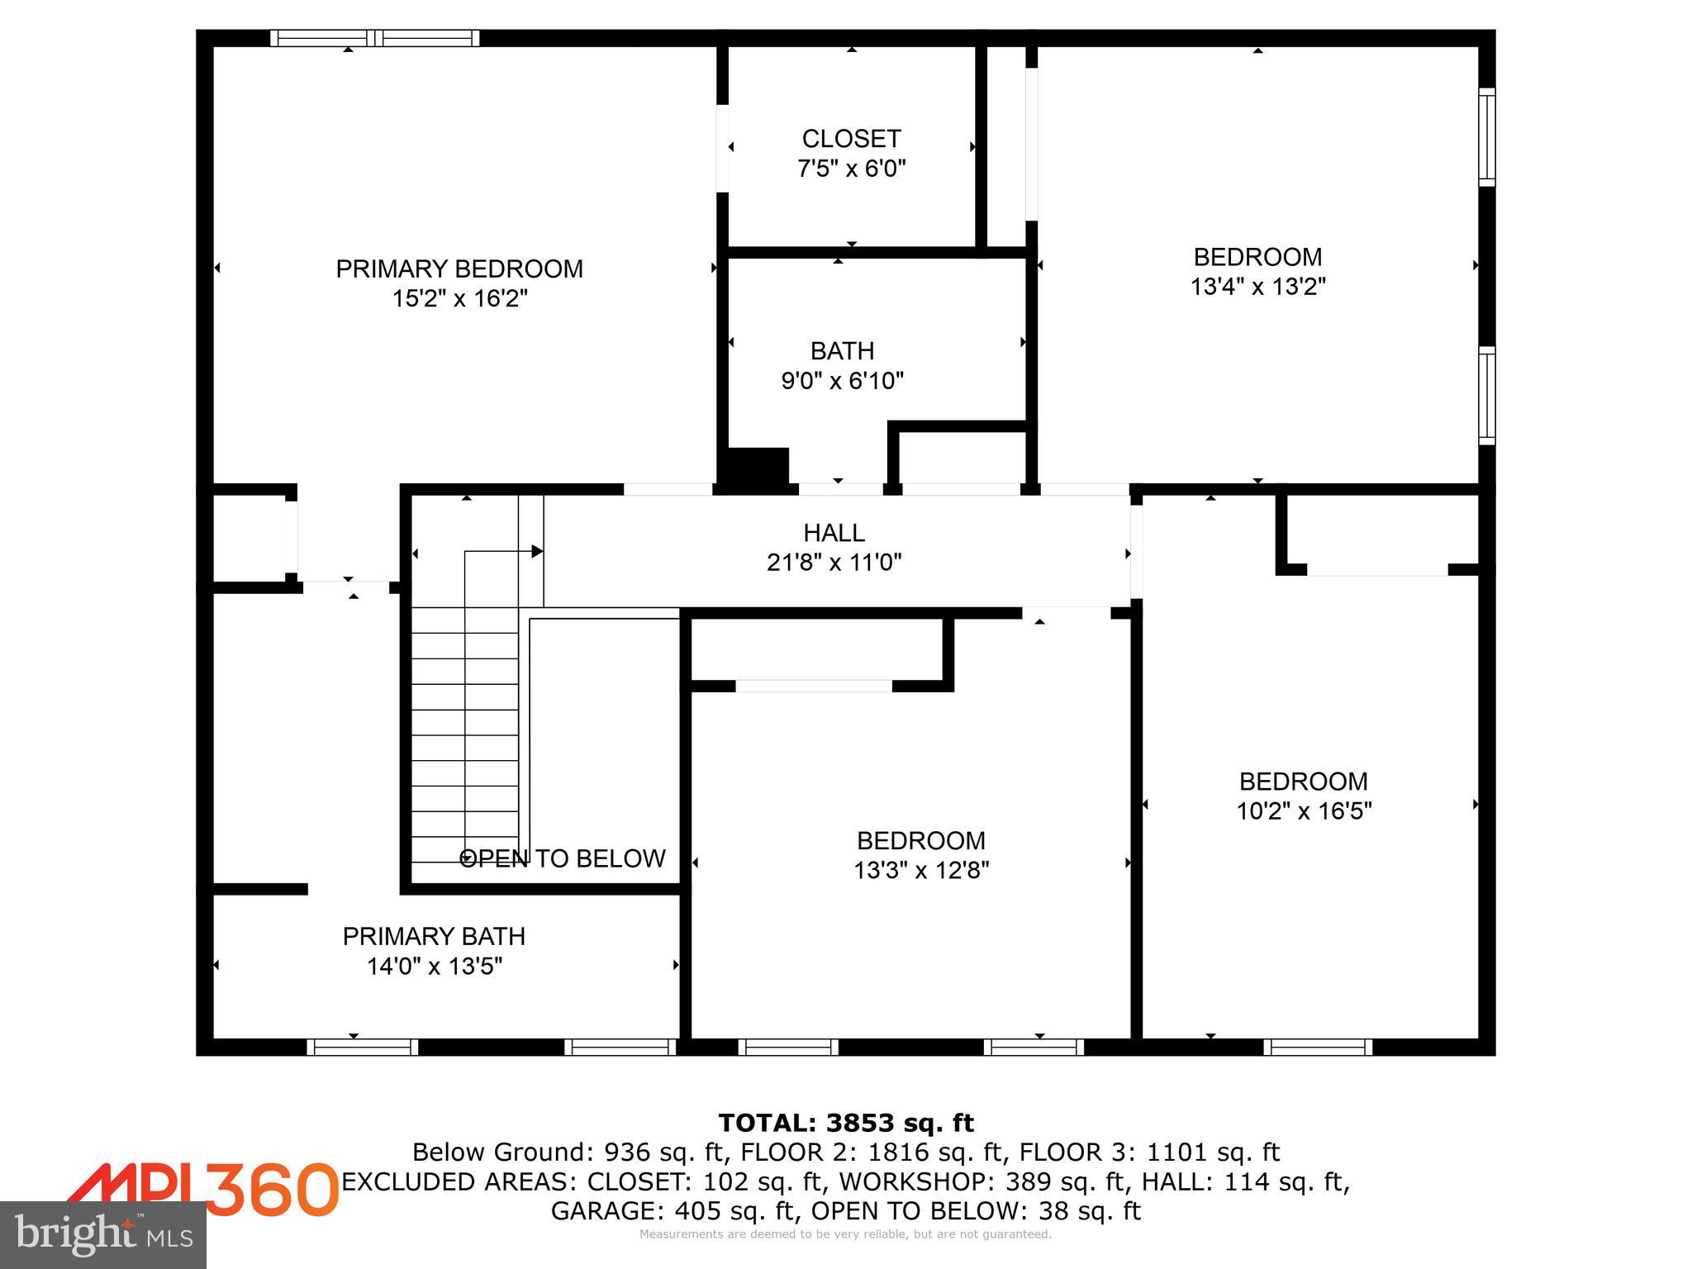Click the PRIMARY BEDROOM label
(459, 269)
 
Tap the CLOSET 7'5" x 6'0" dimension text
(851, 169)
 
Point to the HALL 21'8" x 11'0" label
(834, 547)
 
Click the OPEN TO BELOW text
(562, 859)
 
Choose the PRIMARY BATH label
(434, 937)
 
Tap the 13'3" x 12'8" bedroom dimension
(921, 871)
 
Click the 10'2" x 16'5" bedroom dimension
(1304, 811)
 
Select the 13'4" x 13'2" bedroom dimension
(1257, 287)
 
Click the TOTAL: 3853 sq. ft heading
(846, 1124)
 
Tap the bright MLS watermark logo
(103, 1235)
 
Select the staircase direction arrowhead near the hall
(537, 551)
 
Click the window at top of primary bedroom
(374, 38)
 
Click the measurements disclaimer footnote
(845, 1234)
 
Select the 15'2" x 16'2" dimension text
(459, 298)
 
